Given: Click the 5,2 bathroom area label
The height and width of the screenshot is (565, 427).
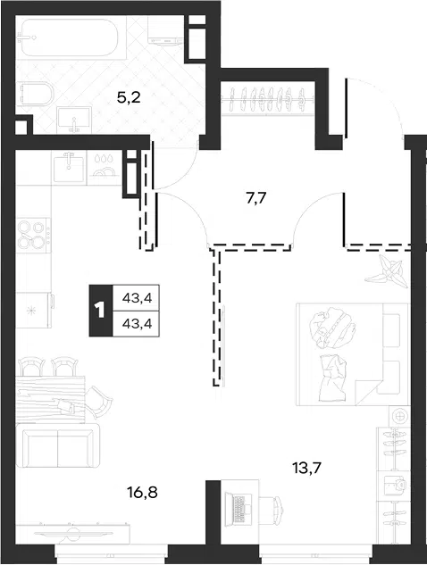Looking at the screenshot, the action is coord(129,97).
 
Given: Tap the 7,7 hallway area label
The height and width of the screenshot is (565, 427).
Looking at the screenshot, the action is coord(256,198).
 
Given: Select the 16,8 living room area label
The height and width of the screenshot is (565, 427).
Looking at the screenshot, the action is coord(142,492).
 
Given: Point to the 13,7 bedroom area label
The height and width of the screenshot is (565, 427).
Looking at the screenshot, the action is coord(306,468).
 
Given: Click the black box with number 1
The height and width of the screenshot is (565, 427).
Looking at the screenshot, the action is coord(101,311).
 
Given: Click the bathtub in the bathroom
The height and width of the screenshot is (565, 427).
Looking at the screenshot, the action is coord(71,38).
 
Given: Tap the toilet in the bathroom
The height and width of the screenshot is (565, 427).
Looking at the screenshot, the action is coord(36,93).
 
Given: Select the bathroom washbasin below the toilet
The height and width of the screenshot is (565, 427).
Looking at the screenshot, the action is coord(74,120).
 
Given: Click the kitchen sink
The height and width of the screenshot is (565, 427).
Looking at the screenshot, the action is coord(69,168).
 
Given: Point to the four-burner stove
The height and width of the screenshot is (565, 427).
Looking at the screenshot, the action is coord(33,235).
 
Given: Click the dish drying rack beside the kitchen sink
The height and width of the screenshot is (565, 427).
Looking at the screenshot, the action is coord(104,168).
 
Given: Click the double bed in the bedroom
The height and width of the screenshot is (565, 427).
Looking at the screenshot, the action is coord(352,354).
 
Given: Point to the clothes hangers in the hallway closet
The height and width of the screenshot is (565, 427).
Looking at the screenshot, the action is coord(268,99).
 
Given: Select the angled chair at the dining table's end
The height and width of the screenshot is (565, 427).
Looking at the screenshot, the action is coord(98,402).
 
